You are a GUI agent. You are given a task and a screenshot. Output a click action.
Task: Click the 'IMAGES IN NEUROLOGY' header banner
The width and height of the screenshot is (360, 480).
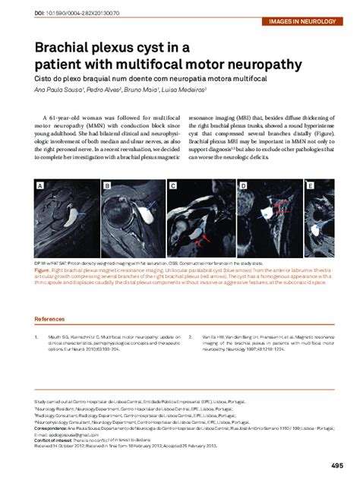coord(311,22)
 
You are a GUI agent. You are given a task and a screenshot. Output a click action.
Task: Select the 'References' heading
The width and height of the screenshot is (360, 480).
coord(49,319)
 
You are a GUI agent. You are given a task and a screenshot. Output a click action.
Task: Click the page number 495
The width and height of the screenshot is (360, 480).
coord(337,466)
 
